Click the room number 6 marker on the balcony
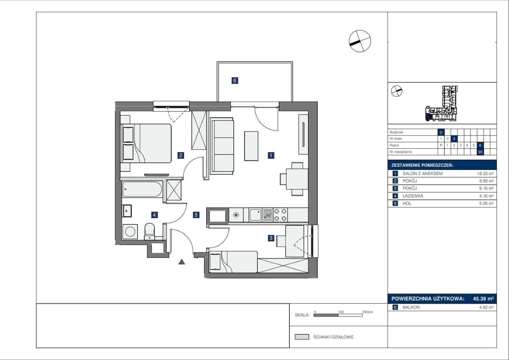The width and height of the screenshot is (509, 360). click(235, 81)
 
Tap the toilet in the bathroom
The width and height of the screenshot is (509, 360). click(150, 231)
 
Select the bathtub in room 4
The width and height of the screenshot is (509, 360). click(142, 189)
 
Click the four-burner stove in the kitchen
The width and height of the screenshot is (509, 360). click(280, 215)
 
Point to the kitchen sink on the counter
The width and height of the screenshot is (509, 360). click(255, 215)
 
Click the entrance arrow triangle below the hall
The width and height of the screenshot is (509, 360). click(182, 262)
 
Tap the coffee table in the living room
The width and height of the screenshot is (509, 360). click(251, 146)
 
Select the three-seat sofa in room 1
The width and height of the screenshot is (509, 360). click(222, 146)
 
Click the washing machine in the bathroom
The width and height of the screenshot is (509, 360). click(130, 232)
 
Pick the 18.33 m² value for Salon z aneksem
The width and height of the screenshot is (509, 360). click(485, 173)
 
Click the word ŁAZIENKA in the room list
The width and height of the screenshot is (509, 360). click(413, 196)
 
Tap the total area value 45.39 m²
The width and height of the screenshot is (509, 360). click(483, 299)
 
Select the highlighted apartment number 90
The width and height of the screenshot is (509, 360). click(480, 152)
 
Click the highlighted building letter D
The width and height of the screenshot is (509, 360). click(441, 132)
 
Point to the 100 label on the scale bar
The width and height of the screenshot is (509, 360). click(341, 312)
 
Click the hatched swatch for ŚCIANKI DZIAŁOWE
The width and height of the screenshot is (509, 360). click(302, 337)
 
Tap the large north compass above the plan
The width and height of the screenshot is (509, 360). click(360, 41)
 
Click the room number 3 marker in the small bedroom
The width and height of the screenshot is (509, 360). click(271, 238)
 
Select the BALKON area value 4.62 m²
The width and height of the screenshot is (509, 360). click(486, 307)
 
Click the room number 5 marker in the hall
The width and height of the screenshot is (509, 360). click(196, 215)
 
